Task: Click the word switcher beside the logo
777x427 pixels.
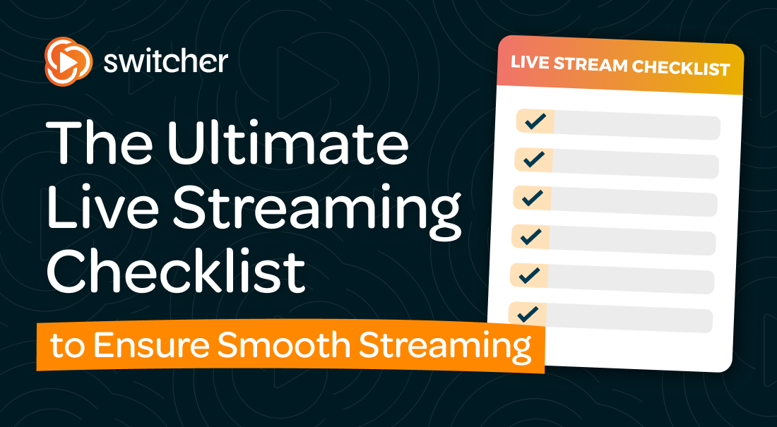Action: point(165,61)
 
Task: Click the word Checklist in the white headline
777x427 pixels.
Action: point(177,272)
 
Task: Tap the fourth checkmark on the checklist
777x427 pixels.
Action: point(530,236)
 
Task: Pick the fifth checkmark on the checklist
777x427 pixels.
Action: point(528,275)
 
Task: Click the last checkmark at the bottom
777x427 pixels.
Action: point(527,313)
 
